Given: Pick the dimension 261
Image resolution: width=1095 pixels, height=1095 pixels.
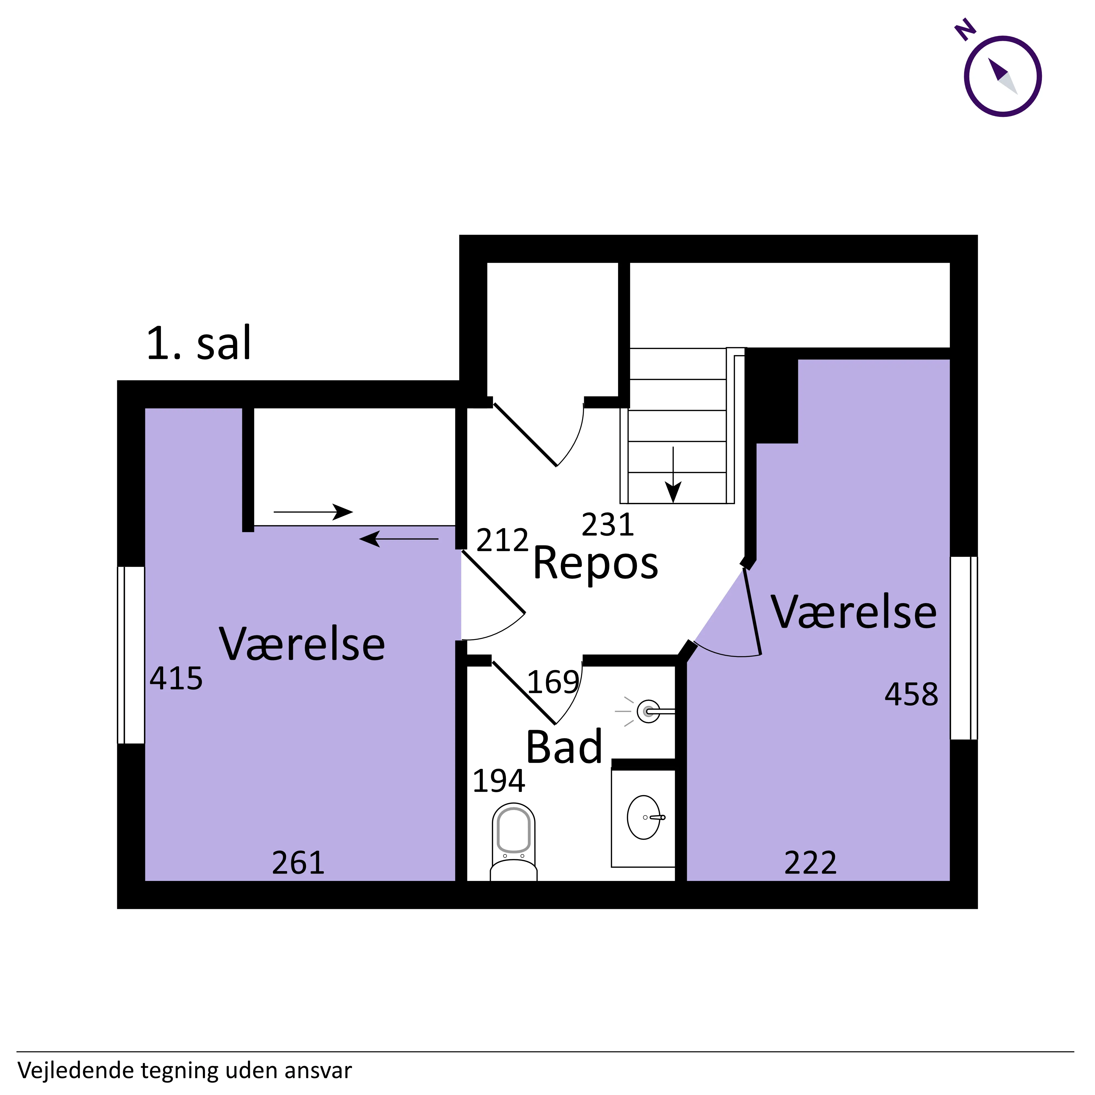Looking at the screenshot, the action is coord(298,863).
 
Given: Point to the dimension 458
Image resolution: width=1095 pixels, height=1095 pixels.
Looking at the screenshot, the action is coord(911,694).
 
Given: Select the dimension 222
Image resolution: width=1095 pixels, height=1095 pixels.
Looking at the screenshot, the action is coord(811,863).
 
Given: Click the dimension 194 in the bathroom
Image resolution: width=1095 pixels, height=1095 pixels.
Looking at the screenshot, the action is coord(499,781).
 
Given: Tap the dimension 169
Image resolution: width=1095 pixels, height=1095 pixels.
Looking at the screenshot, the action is coord(553,682).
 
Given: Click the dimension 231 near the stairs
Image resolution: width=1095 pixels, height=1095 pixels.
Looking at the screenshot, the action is coord(607,525).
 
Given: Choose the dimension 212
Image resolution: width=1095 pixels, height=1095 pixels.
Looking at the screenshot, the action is coord(502,541).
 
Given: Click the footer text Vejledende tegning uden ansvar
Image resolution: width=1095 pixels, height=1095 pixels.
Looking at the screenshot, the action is coord(185,1071).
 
